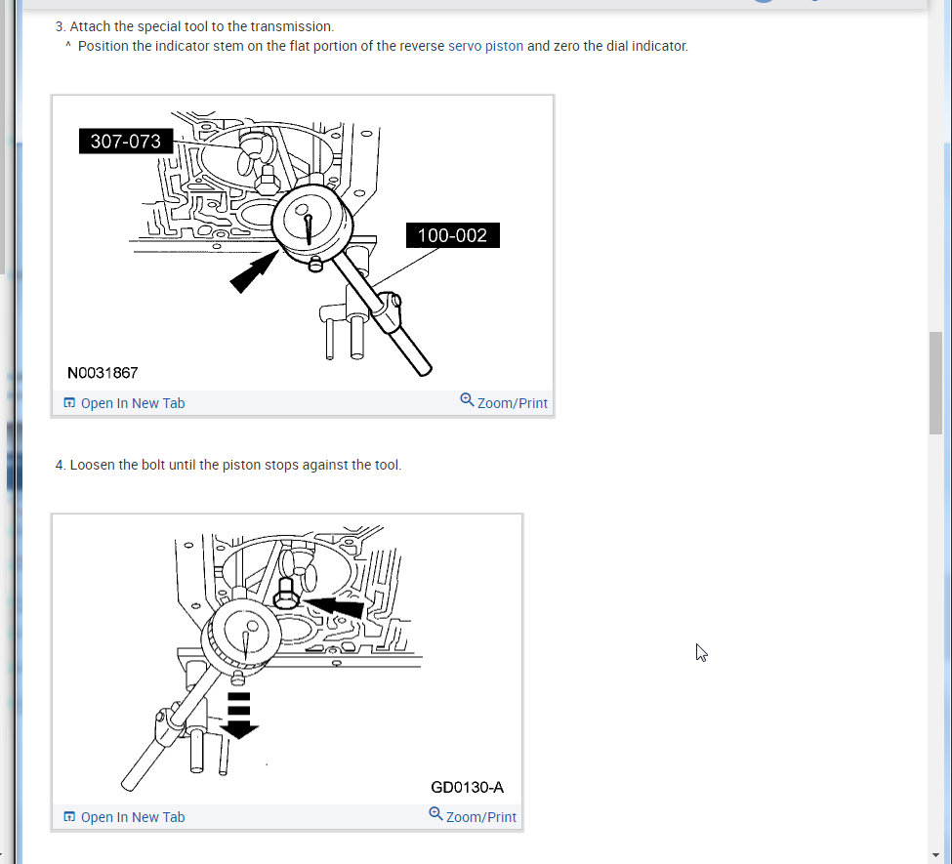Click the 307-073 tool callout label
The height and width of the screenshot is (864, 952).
click(126, 141)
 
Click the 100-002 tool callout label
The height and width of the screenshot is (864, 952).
click(452, 235)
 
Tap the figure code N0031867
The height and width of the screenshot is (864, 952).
click(103, 373)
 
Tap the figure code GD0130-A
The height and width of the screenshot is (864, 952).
click(467, 788)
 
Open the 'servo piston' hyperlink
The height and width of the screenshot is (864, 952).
click(485, 46)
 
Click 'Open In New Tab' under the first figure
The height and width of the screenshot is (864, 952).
click(124, 403)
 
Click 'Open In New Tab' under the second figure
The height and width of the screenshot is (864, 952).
click(124, 817)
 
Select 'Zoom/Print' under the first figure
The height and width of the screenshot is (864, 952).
click(504, 402)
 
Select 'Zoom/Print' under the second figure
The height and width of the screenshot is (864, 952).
click(473, 816)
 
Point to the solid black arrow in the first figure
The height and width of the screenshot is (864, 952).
click(254, 272)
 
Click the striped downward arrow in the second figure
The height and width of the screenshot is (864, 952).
click(238, 716)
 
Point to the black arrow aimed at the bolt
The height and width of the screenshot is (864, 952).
click(333, 606)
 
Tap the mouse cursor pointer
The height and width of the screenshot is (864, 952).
click(701, 652)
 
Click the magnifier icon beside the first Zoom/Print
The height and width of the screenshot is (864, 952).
click(467, 400)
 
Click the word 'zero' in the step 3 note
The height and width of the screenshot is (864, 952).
click(566, 47)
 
